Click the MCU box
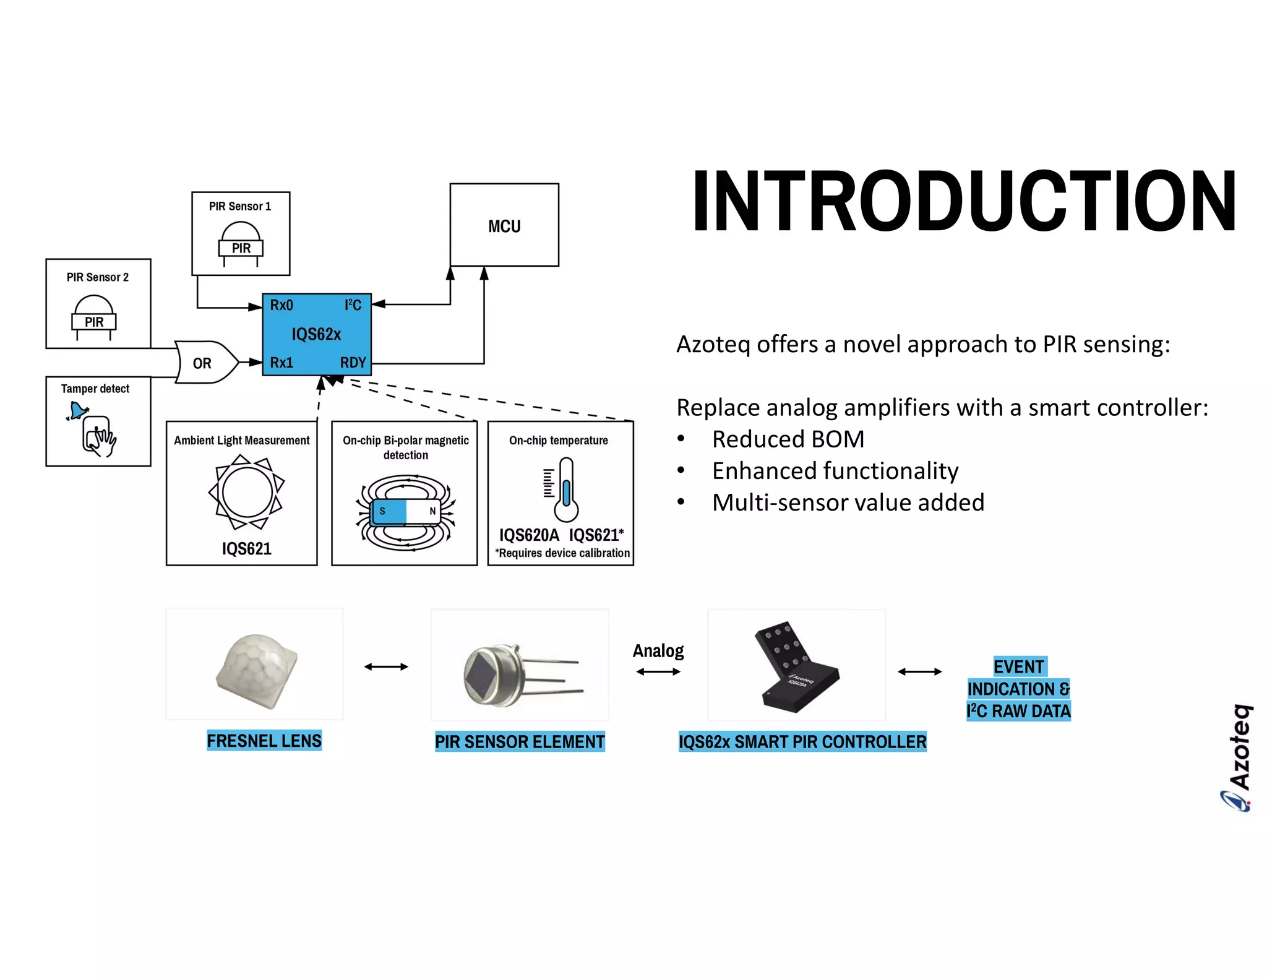click(x=504, y=225)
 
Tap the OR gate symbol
click(x=204, y=363)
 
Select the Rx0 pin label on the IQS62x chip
click(x=281, y=305)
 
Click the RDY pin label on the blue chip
click(x=353, y=363)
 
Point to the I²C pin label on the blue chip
click(x=353, y=305)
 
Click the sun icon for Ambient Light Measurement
click(x=247, y=493)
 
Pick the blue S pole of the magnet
click(x=388, y=511)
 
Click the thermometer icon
click(x=565, y=490)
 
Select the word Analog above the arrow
click(x=658, y=650)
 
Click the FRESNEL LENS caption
click(x=264, y=741)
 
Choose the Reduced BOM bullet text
click(x=788, y=439)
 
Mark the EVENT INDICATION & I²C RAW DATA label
click(x=1018, y=689)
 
